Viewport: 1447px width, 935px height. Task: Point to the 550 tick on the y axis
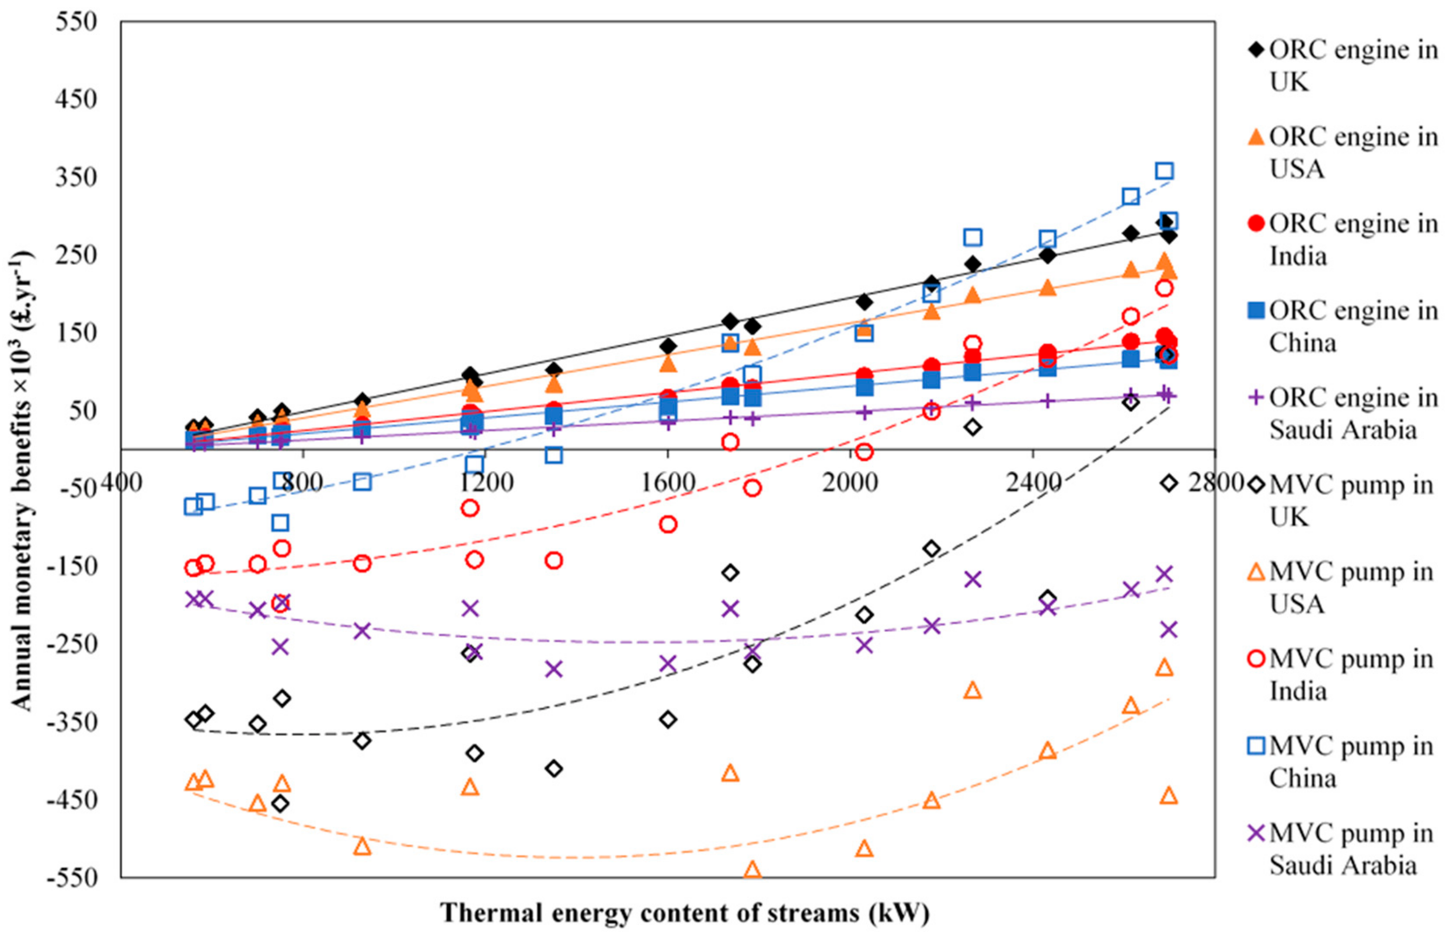tap(76, 22)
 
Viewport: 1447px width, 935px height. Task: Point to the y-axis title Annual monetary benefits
tap(22, 480)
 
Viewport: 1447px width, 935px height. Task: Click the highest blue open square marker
tap(1164, 171)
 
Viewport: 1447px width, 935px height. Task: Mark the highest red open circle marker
tap(1164, 288)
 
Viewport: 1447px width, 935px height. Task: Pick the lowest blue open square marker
tap(280, 523)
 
